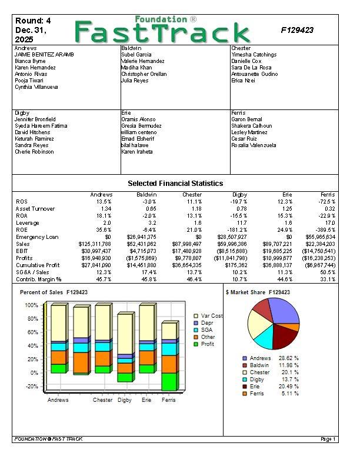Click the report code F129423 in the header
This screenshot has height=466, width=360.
pyautogui.click(x=296, y=30)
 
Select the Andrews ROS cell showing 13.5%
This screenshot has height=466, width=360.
pyautogui.click(x=103, y=202)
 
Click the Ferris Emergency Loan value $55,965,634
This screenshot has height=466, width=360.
pyautogui.click(x=318, y=237)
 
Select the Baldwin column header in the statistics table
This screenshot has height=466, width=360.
pyautogui.click(x=146, y=195)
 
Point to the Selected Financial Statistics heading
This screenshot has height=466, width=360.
pyautogui.click(x=175, y=184)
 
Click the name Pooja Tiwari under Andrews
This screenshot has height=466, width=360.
pyautogui.click(x=29, y=81)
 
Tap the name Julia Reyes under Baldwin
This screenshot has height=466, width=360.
pyautogui.click(x=135, y=81)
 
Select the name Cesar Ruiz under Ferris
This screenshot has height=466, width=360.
pyautogui.click(x=244, y=139)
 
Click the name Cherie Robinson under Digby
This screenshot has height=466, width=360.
pyautogui.click(x=34, y=152)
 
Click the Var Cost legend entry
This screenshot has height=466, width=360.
pyautogui.click(x=211, y=316)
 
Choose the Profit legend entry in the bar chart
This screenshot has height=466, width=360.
pyautogui.click(x=207, y=344)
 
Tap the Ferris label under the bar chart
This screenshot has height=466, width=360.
pyautogui.click(x=169, y=400)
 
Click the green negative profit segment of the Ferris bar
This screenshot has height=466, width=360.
pyautogui.click(x=169, y=382)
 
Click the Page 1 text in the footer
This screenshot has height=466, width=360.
pyautogui.click(x=328, y=439)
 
